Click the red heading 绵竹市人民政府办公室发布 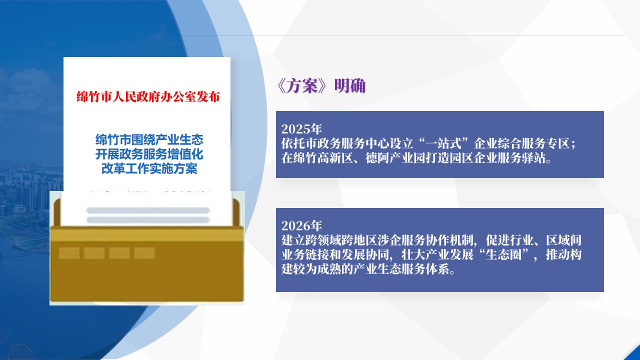click(x=148, y=97)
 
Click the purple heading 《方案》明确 click(x=321, y=85)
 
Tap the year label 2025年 click(x=301, y=129)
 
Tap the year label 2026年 click(x=301, y=225)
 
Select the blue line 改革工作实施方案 click(x=149, y=169)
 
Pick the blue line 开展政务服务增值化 click(x=149, y=154)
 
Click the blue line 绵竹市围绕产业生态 click(x=149, y=139)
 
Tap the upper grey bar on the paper click(x=148, y=210)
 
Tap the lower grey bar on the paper click(x=148, y=220)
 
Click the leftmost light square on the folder click(x=69, y=253)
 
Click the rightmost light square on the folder click(x=144, y=253)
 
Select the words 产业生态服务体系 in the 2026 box click(x=401, y=269)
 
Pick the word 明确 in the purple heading click(x=350, y=85)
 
